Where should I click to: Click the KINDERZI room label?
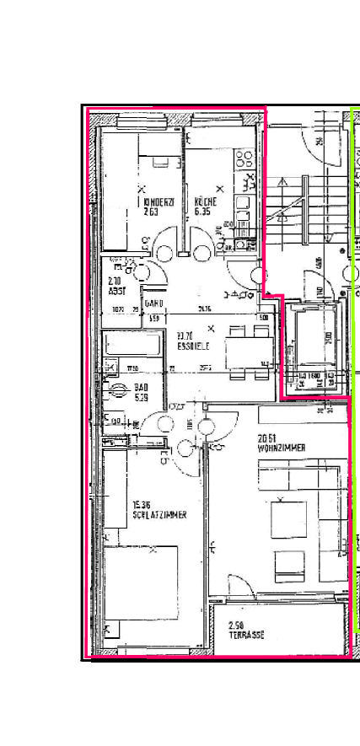[x=158, y=202]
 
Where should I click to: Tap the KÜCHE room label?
[x=206, y=202]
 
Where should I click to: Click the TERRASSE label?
[x=246, y=636]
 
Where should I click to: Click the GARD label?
[x=153, y=303]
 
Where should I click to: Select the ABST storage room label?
[x=117, y=291]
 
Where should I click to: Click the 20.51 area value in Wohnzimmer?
[x=268, y=437]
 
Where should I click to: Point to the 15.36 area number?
[x=142, y=505]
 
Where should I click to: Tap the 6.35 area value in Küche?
[x=202, y=212]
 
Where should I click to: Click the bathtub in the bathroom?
[x=132, y=346]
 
